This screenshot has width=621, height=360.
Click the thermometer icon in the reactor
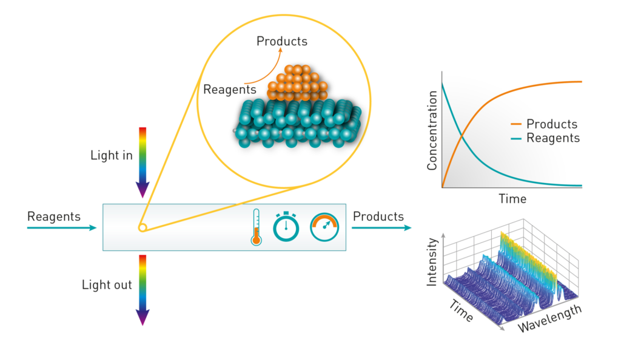coord(257,227)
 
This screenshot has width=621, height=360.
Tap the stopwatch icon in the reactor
coord(286,227)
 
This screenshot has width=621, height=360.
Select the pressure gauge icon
coord(324,227)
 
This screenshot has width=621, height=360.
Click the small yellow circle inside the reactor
coord(143,227)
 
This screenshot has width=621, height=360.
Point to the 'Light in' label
coord(112,155)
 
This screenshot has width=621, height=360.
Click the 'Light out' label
coord(107,284)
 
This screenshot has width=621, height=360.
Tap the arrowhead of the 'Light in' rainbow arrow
coord(143,190)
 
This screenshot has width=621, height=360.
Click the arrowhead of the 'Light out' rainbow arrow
coord(143,318)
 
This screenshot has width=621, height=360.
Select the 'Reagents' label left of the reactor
coord(54,217)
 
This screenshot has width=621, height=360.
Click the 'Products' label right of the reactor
coord(378,216)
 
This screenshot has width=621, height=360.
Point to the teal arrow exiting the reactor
coord(381,227)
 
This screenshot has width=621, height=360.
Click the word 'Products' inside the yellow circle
coord(282,41)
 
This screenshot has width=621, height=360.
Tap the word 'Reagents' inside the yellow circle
coord(230,90)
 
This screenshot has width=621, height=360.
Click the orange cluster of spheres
coord(297,83)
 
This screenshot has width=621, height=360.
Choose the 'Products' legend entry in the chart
coord(544,124)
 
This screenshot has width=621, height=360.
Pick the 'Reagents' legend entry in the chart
coord(545,138)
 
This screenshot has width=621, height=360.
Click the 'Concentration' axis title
coord(432,130)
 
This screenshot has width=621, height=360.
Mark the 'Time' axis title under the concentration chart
coord(512,199)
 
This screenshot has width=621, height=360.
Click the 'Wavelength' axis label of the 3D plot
coord(549,318)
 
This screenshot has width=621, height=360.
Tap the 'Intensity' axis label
coord(432,262)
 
